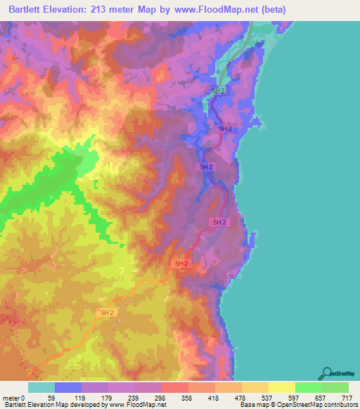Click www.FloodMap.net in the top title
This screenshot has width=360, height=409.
coord(217,10)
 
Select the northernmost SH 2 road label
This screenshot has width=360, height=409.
coord(219,91)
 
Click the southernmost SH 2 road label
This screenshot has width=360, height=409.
coord(108,312)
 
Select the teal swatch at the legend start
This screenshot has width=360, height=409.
coord(41,388)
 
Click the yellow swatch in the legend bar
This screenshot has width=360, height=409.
coord(281,388)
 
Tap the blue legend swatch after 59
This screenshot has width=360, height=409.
coord(68,388)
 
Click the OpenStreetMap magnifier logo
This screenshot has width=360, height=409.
coord(328,373)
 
